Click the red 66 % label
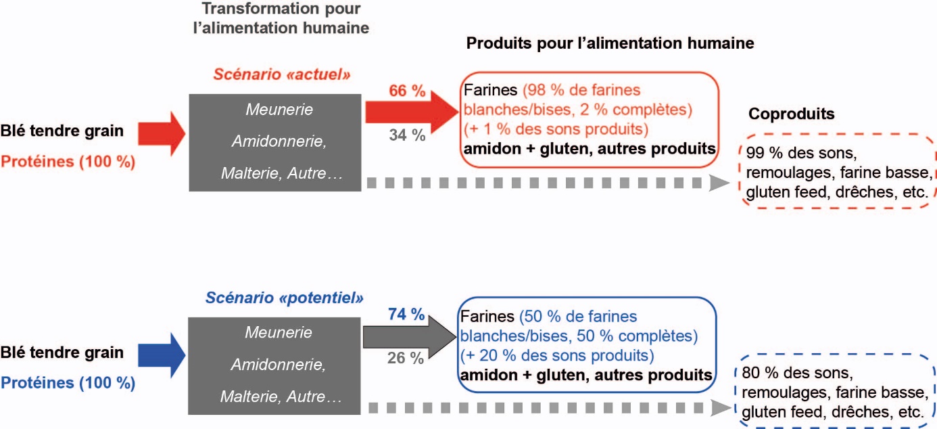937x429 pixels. tap(406, 91)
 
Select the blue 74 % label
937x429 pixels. tap(406, 314)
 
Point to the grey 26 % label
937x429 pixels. tap(406, 357)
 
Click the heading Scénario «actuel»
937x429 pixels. tap(282, 74)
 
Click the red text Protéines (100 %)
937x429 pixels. tap(67, 162)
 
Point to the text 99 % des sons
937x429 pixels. tap(801, 153)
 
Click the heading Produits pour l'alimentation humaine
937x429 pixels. tap(610, 44)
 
